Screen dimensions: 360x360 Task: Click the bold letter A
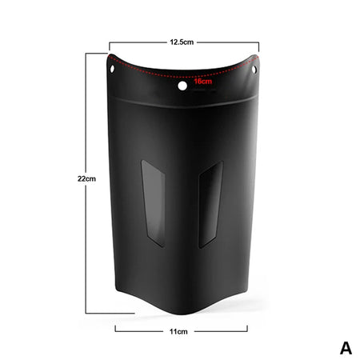click(346, 347)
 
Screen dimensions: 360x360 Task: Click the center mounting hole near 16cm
click(182, 84)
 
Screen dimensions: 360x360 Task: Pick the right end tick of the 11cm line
click(247, 329)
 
